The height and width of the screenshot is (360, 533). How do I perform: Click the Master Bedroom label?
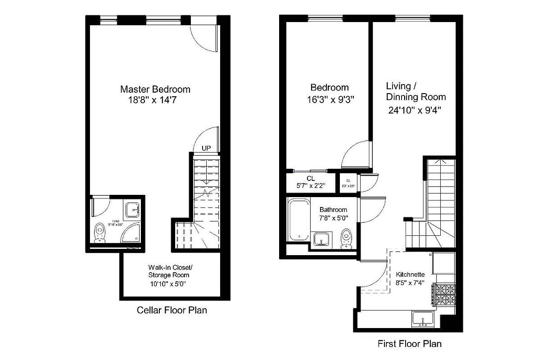tap(155, 89)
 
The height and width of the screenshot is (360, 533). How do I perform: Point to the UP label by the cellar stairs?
tap(206, 148)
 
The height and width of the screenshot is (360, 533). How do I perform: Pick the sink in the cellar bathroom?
tap(132, 210)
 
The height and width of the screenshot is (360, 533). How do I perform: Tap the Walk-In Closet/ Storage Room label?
tap(169, 270)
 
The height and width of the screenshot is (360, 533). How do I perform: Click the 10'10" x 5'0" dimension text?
tap(168, 284)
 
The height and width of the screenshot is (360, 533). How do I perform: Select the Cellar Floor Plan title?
tap(172, 310)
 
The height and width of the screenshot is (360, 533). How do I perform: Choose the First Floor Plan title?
tap(409, 344)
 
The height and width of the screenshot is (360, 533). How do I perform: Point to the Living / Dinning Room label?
tap(416, 91)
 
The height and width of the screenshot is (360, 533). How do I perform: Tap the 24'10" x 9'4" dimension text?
tap(414, 110)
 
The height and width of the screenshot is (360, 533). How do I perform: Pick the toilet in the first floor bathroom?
tap(346, 238)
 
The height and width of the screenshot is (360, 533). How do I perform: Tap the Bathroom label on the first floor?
tap(333, 210)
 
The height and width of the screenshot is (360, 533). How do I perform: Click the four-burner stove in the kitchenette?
tap(443, 295)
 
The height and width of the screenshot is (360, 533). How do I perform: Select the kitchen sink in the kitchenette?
tap(423, 319)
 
